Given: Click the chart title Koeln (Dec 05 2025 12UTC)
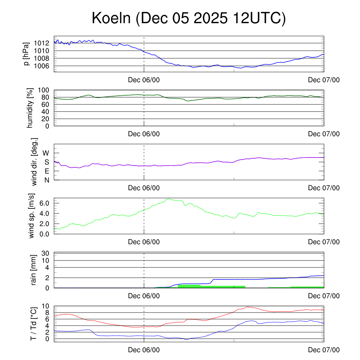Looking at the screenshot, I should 189,19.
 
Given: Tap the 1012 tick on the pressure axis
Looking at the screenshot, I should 44,43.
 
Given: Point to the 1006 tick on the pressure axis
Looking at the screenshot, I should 44,66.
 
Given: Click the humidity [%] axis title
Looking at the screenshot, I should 30,108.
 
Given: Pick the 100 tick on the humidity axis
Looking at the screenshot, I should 45,90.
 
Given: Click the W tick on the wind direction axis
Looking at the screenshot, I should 46,153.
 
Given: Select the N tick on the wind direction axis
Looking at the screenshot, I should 46,180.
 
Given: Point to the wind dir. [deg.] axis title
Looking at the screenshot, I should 34,162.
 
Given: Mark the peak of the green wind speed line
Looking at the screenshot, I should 169,199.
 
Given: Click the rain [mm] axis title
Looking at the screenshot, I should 34,270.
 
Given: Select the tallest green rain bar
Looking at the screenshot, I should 189,286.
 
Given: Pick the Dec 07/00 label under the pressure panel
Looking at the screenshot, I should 324,80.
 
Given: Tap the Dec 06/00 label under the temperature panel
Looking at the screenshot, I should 144,350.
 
